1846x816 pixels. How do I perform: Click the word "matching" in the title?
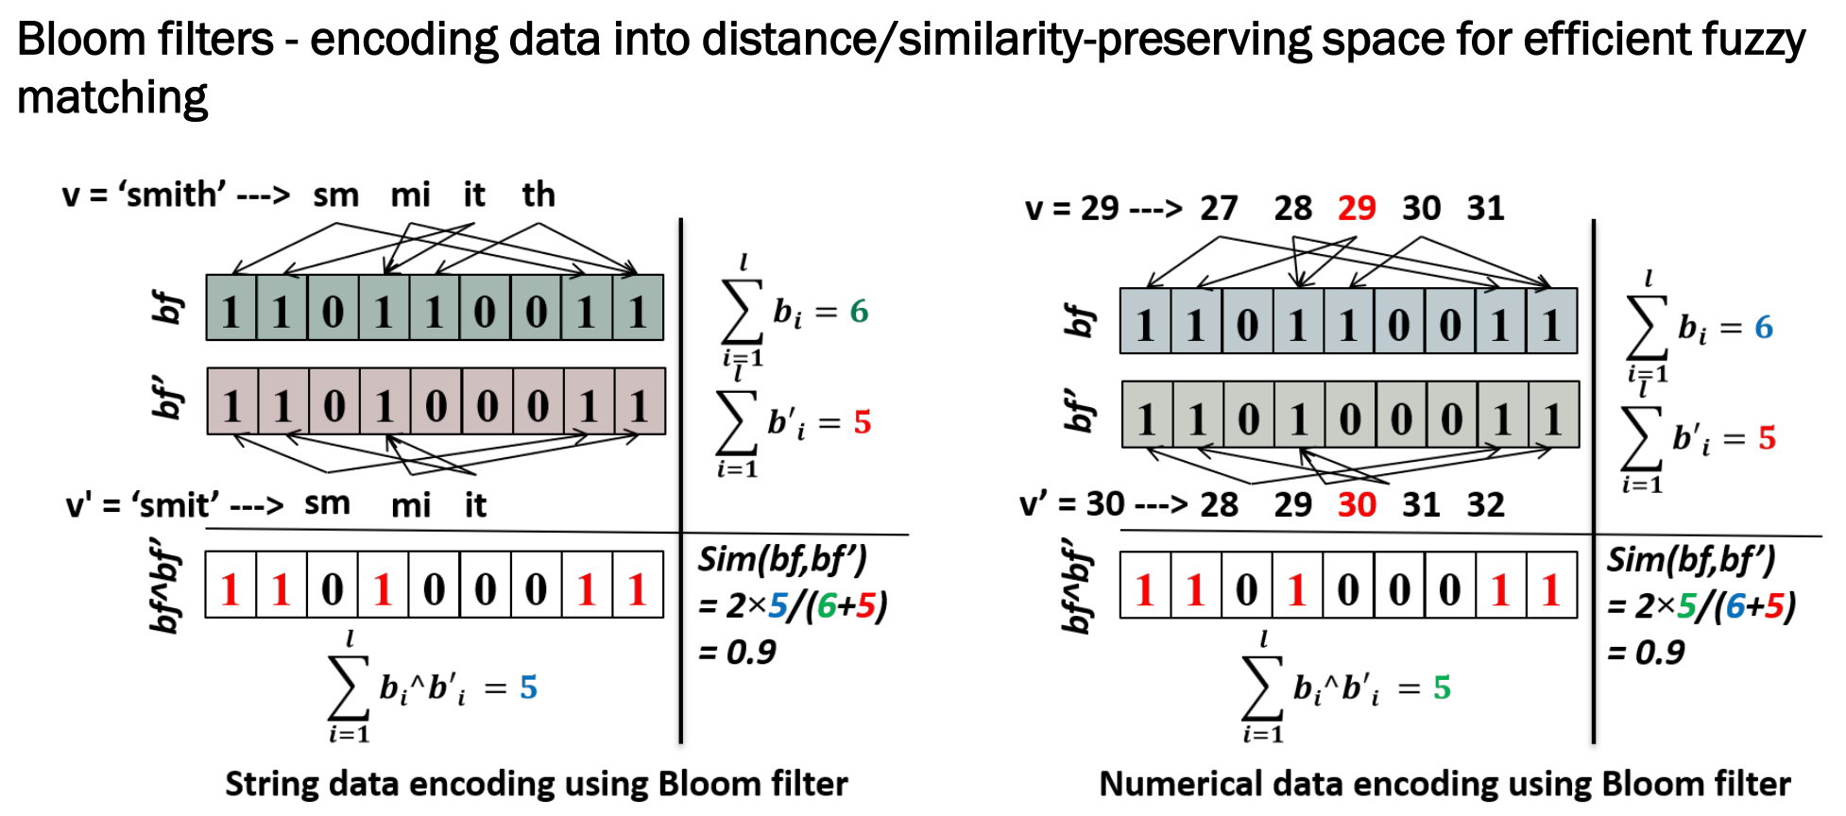111,98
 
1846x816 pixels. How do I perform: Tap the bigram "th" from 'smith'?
538,195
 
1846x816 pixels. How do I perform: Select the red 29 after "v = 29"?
1357,208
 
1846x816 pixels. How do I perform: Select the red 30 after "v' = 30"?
1357,504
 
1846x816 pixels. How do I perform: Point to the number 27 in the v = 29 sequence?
1219,208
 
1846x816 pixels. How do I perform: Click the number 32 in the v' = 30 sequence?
1485,504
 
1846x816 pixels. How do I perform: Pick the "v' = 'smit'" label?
142,505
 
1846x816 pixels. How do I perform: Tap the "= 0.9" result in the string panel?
737,653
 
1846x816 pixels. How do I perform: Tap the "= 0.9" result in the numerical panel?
1646,653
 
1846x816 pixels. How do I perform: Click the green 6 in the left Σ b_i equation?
859,311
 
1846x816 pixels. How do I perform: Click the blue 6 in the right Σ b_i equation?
1763,327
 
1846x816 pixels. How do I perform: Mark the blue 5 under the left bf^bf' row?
528,687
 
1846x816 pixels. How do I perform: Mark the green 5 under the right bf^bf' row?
1442,687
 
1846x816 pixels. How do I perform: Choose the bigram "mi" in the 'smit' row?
411,505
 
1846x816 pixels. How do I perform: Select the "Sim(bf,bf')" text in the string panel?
782,560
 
